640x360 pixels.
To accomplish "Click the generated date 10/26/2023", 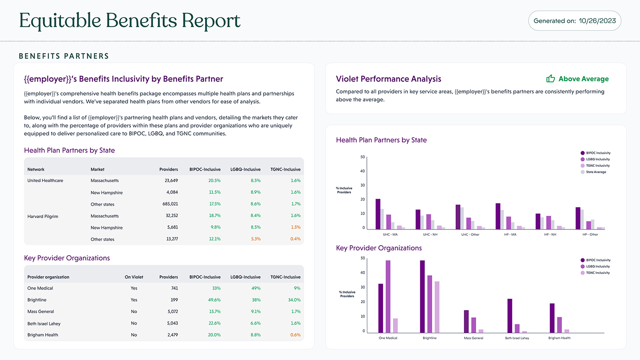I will pyautogui.click(x=597, y=21).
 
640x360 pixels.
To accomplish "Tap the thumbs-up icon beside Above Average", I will pyautogui.click(x=550, y=78).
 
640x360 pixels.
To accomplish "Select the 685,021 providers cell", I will pyautogui.click(x=170, y=204).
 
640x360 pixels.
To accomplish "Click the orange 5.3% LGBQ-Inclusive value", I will pyautogui.click(x=256, y=239).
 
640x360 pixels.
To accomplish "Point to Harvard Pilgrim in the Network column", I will pyautogui.click(x=43, y=216).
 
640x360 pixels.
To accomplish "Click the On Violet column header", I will pyautogui.click(x=134, y=277).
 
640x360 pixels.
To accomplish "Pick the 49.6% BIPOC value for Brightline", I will pyautogui.click(x=214, y=300).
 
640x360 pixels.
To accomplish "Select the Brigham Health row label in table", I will pyautogui.click(x=43, y=335).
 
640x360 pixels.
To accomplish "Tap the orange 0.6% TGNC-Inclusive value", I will pyautogui.click(x=295, y=335).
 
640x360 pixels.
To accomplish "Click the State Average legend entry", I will pyautogui.click(x=596, y=172).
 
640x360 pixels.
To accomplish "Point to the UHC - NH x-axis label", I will pyautogui.click(x=430, y=235).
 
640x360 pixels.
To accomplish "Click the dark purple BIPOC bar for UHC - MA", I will pyautogui.click(x=378, y=214).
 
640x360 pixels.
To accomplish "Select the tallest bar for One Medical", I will pyautogui.click(x=388, y=296).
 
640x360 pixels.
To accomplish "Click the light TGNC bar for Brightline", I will pyautogui.click(x=437, y=307).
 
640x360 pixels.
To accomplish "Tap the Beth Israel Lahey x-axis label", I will pyautogui.click(x=517, y=338).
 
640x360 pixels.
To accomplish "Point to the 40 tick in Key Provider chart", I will pyautogui.click(x=363, y=273).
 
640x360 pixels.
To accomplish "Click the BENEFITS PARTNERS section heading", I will pyautogui.click(x=64, y=56).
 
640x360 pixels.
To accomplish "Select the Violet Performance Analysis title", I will pyautogui.click(x=388, y=79).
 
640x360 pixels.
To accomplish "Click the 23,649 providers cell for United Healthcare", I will pyautogui.click(x=171, y=180).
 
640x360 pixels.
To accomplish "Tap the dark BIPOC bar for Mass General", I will pyautogui.click(x=466, y=322).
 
